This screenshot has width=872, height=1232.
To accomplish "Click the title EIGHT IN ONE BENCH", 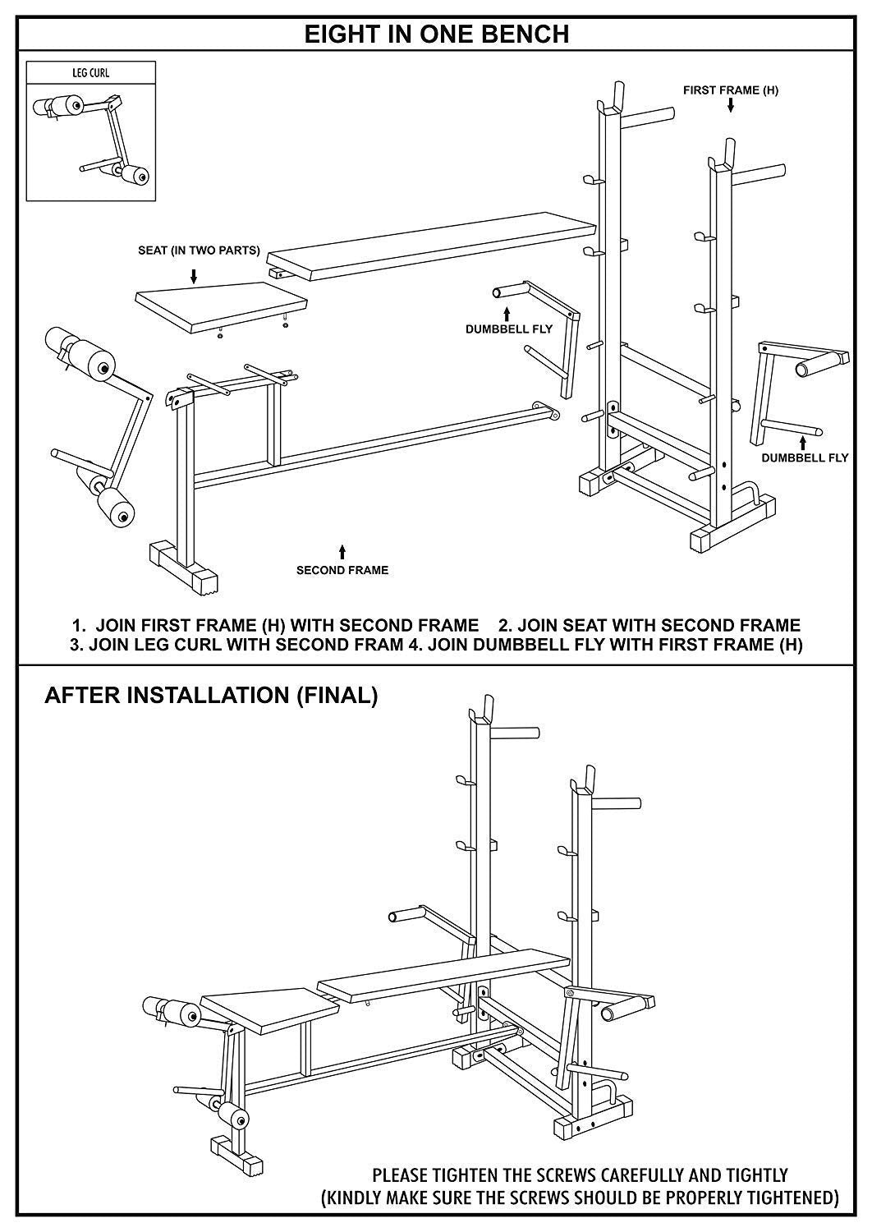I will pos(436,34).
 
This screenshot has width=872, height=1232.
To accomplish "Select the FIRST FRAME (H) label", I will pos(730,90).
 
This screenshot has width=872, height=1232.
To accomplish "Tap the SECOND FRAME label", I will pos(342,569).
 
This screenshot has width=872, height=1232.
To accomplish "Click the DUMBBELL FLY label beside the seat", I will pos(509,329).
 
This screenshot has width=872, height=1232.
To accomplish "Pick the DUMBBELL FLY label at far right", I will pos(804,457).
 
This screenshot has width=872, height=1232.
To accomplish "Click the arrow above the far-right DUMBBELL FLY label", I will pos(804,441).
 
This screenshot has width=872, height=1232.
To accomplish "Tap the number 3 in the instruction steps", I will pos(76,645).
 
